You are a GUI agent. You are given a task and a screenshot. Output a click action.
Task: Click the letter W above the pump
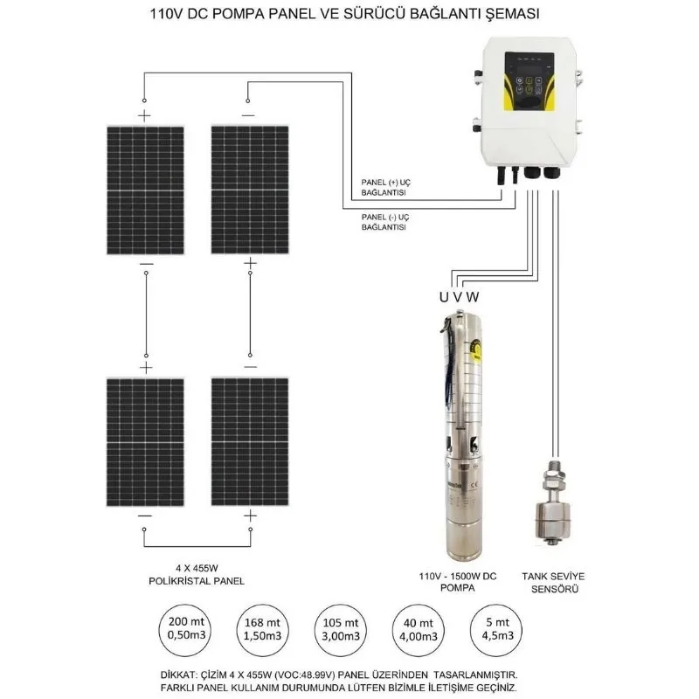point(473,297)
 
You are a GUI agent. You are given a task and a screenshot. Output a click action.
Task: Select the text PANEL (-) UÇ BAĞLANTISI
point(385,220)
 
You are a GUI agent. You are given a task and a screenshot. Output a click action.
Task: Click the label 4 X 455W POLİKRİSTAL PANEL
point(197,574)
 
